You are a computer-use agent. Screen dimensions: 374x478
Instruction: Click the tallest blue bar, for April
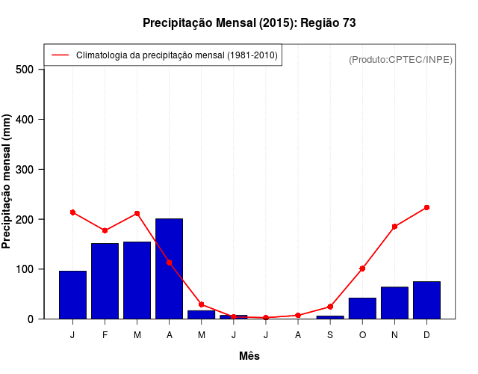tap(169, 269)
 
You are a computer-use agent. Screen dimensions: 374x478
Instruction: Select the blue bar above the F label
tap(105, 280)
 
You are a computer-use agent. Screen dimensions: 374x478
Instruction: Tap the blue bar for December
tap(426, 300)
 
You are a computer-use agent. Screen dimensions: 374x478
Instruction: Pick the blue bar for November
tap(394, 302)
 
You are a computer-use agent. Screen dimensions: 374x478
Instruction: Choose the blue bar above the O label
tap(362, 308)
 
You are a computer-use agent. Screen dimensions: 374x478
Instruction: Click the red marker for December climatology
tap(426, 207)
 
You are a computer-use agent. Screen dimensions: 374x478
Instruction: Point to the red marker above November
tap(394, 226)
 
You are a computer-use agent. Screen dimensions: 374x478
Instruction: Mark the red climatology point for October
tap(362, 268)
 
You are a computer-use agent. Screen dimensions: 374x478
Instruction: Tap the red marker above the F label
tap(105, 230)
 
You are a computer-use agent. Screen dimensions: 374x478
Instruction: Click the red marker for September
tap(330, 307)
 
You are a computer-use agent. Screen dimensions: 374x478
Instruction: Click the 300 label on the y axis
tap(25, 170)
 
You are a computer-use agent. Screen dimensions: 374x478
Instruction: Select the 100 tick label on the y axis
tap(25, 269)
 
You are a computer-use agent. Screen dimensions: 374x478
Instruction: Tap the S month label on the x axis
tap(330, 335)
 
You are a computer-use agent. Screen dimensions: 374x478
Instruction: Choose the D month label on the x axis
tap(426, 335)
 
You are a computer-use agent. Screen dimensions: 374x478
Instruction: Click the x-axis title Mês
tap(249, 356)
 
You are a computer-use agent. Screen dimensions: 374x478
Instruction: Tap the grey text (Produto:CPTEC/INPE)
tap(400, 59)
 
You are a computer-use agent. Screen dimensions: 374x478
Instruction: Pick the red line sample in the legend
tap(60, 55)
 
